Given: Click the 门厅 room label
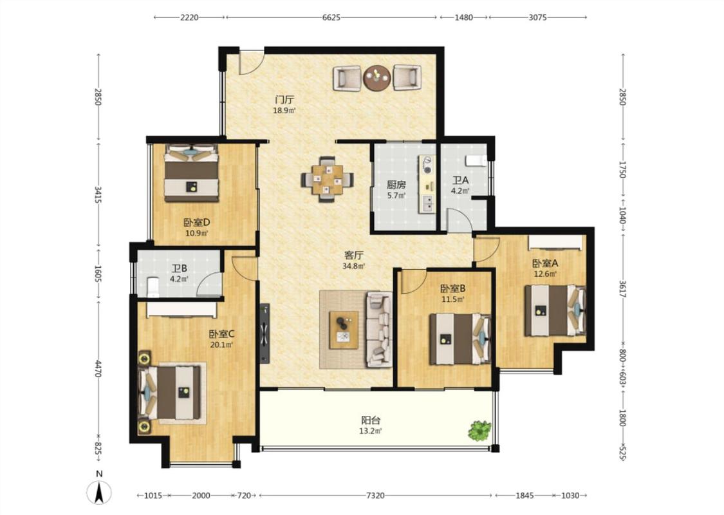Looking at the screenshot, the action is (x=284, y=99).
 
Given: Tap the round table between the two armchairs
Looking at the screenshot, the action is (x=377, y=78).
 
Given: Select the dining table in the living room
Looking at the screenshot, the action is (x=328, y=179).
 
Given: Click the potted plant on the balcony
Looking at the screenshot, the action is (x=480, y=430).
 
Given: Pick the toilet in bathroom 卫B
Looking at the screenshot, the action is (x=153, y=287).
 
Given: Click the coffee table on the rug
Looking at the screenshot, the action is (x=343, y=330).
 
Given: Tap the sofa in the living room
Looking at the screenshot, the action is (x=378, y=330).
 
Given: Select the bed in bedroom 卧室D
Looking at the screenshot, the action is (x=191, y=173).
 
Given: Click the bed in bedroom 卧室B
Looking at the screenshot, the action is (x=459, y=339).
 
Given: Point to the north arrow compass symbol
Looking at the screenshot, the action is (x=99, y=491).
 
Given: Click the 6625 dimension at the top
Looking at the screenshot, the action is (x=331, y=17).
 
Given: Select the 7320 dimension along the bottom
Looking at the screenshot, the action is (x=375, y=496).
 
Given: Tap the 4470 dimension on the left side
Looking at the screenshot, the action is (x=98, y=369).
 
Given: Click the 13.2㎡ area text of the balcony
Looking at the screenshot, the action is (x=371, y=431).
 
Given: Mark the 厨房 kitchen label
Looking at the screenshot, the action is (x=396, y=185).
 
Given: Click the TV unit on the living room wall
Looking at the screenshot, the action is (x=265, y=333).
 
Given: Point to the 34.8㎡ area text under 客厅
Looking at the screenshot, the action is (x=354, y=266).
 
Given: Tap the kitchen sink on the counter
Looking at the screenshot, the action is (x=428, y=202).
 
